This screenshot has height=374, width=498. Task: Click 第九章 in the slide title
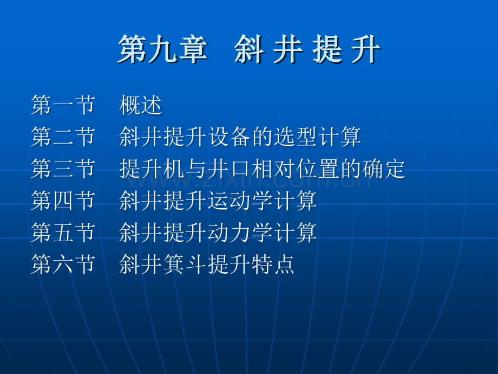(x=162, y=51)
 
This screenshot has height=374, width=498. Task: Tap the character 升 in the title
(x=365, y=51)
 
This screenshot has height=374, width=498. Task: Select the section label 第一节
(x=63, y=105)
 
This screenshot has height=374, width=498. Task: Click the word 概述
(x=141, y=105)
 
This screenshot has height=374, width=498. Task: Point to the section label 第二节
(x=63, y=137)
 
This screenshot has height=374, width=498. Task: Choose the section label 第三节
(x=63, y=169)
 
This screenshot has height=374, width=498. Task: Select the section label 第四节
(x=63, y=201)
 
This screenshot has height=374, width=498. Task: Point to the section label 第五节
(x=63, y=233)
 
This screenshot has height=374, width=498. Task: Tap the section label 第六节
(x=63, y=265)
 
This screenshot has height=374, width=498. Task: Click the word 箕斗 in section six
(x=185, y=265)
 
